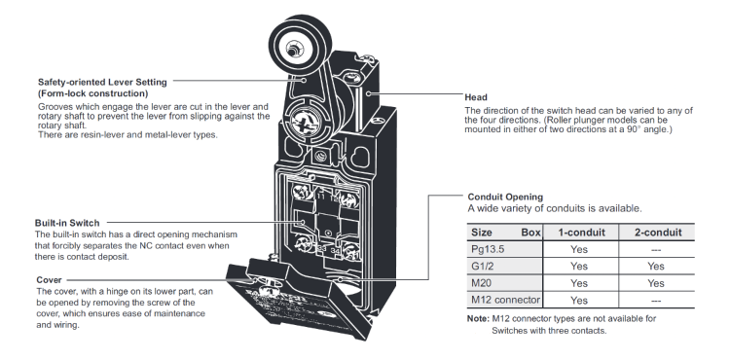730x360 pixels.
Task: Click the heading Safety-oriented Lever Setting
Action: click(x=102, y=83)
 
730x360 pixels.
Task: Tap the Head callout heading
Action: click(x=476, y=97)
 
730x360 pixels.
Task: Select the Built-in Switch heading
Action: click(x=67, y=223)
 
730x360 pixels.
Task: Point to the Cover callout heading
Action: click(x=49, y=280)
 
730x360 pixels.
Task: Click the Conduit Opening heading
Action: click(x=505, y=197)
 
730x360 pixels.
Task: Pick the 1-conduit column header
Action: click(x=581, y=233)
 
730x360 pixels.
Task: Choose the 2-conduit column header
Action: click(x=658, y=233)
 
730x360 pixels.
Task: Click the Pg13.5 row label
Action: click(x=488, y=249)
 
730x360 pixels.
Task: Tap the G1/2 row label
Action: click(x=483, y=266)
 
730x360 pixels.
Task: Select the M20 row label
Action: click(x=481, y=283)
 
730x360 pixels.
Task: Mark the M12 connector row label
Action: click(x=505, y=300)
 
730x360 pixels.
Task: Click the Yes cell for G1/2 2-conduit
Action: click(x=655, y=266)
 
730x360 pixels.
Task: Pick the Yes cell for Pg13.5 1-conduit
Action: click(x=579, y=249)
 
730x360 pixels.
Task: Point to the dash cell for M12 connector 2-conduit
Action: click(x=655, y=301)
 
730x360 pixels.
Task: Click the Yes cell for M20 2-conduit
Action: click(x=655, y=283)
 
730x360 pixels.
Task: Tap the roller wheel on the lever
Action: click(x=301, y=45)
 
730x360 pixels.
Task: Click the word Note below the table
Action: click(x=478, y=318)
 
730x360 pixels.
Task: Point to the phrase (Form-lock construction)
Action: click(x=93, y=93)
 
